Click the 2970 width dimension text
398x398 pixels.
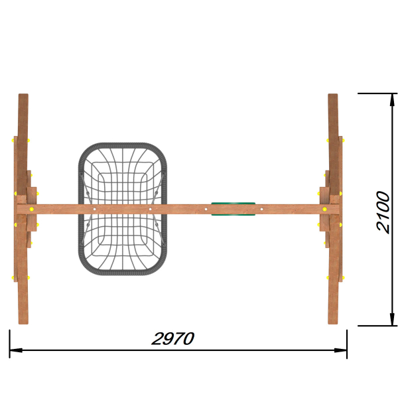[173, 338]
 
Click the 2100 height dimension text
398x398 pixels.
[383, 212]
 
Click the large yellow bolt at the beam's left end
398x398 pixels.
[32, 209]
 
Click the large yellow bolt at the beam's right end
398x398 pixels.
[324, 209]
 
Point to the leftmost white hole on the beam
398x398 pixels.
[94, 209]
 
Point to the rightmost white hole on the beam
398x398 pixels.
[262, 209]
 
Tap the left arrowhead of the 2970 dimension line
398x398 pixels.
[16, 350]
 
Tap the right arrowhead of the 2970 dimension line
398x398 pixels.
[341, 350]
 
